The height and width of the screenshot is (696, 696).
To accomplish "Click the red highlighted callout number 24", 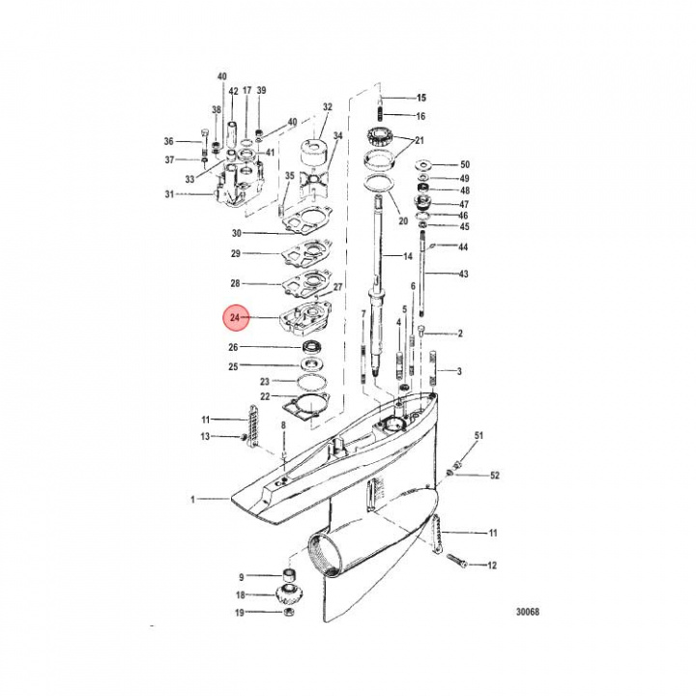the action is [x=235, y=318].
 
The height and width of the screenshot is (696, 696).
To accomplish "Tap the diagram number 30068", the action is [x=528, y=611].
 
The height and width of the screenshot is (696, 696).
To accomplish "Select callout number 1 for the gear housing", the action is [x=192, y=500].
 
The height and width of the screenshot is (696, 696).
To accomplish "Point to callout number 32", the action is [x=327, y=107].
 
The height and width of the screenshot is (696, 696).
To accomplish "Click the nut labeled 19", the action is [x=288, y=612].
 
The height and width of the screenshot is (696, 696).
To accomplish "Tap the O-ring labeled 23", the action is [x=312, y=382].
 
